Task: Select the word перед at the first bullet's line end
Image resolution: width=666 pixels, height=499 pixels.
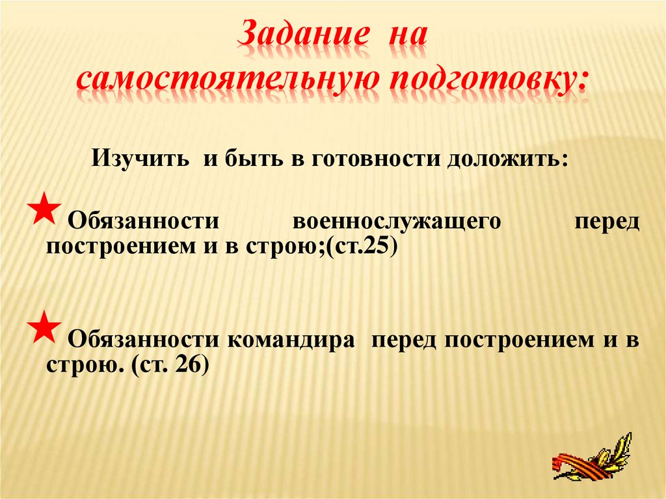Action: pos(607,221)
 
